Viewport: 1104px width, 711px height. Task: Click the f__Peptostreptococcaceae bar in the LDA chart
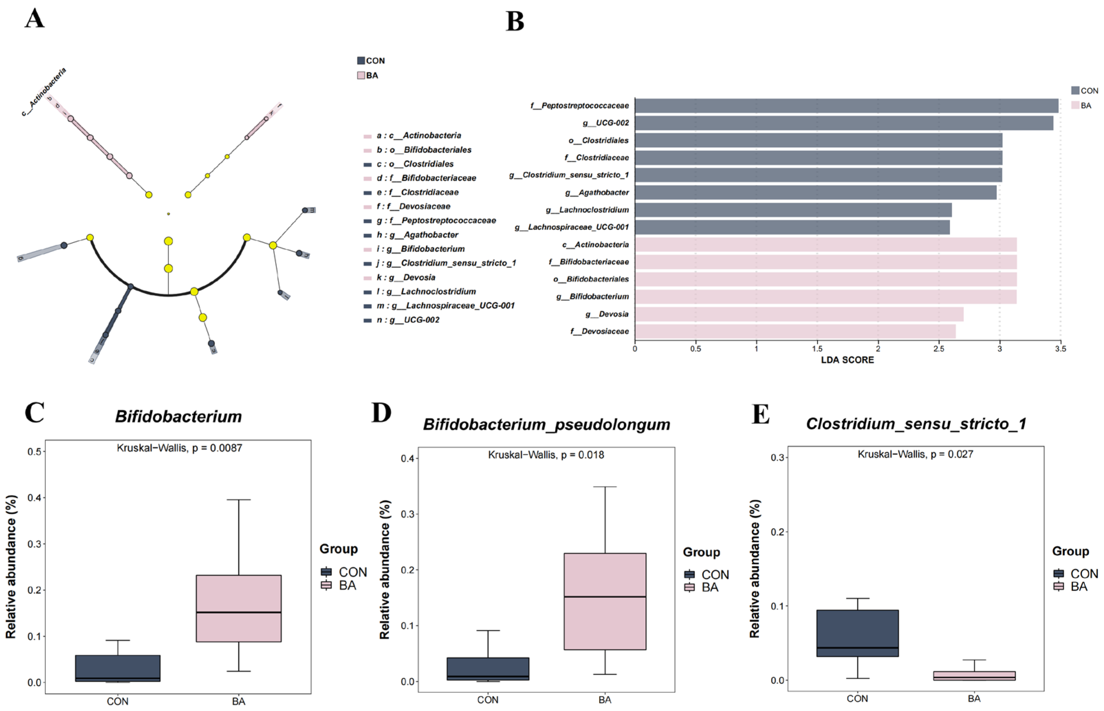pyautogui.click(x=846, y=106)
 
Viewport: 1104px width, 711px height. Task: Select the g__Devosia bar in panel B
pyautogui.click(x=799, y=314)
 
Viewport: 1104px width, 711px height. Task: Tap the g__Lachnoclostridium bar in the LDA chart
pyautogui.click(x=793, y=210)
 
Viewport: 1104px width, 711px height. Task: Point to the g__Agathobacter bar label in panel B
pyautogui.click(x=597, y=193)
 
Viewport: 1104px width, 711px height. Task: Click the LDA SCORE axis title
pyautogui.click(x=847, y=360)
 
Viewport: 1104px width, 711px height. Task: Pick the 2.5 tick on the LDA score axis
pyautogui.click(x=939, y=349)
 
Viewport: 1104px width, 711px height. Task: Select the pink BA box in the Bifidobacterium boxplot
pyautogui.click(x=238, y=608)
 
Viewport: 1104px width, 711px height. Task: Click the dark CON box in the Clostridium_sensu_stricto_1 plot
pyautogui.click(x=857, y=633)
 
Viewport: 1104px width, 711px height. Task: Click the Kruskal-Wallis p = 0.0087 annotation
pyautogui.click(x=179, y=448)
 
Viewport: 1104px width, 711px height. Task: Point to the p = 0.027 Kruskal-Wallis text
pyautogui.click(x=915, y=454)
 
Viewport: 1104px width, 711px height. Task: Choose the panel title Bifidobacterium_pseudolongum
pyautogui.click(x=546, y=424)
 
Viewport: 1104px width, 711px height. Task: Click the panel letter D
pyautogui.click(x=381, y=413)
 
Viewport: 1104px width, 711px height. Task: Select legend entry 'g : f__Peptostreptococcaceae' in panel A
pyautogui.click(x=436, y=221)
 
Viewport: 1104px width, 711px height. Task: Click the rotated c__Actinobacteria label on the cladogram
pyautogui.click(x=44, y=91)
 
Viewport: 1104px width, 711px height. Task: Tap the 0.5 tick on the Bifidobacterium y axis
pyautogui.click(x=35, y=451)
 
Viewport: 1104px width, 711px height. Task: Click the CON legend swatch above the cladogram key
pyautogui.click(x=361, y=61)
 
